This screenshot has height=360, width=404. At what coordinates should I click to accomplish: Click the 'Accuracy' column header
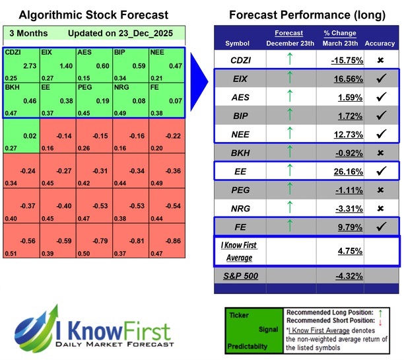tap(378, 44)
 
